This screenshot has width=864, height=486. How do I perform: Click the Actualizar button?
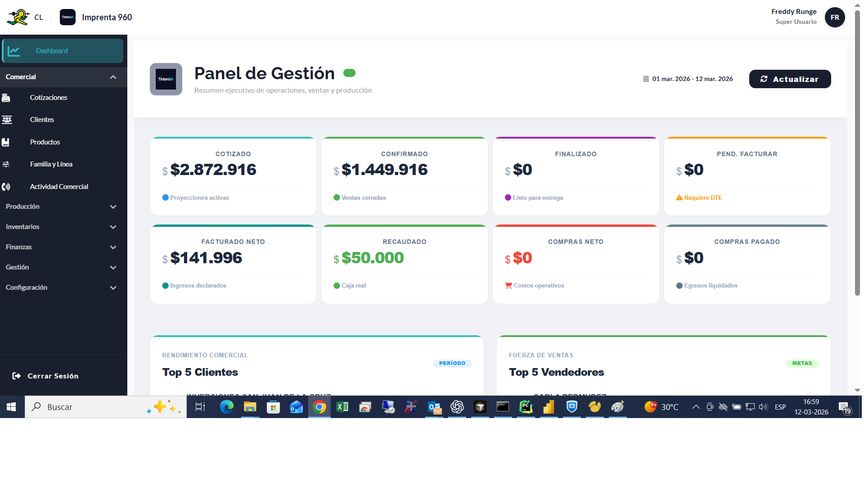click(x=790, y=79)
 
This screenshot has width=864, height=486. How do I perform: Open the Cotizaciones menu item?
click(x=49, y=98)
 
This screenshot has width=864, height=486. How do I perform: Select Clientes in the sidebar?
click(x=42, y=120)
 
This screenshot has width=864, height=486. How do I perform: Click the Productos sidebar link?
click(x=45, y=142)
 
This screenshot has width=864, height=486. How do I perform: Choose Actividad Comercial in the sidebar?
click(x=59, y=187)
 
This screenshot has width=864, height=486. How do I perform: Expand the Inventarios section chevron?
click(x=113, y=227)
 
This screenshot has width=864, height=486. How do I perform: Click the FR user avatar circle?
click(x=835, y=18)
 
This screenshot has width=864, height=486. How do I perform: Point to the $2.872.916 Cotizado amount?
click(x=213, y=170)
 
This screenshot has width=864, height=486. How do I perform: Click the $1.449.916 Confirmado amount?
click(x=384, y=170)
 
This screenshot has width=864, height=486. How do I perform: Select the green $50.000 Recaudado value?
click(x=373, y=258)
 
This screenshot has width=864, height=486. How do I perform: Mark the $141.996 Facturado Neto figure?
click(x=206, y=258)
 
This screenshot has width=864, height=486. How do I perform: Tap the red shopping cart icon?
click(x=508, y=286)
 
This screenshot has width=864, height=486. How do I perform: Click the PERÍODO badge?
click(x=452, y=364)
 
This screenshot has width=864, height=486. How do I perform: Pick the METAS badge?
click(x=802, y=364)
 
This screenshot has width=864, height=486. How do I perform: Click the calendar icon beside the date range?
click(x=646, y=79)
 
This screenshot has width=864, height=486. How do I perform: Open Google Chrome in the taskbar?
click(x=319, y=407)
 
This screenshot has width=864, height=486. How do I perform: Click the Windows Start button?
click(x=12, y=407)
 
